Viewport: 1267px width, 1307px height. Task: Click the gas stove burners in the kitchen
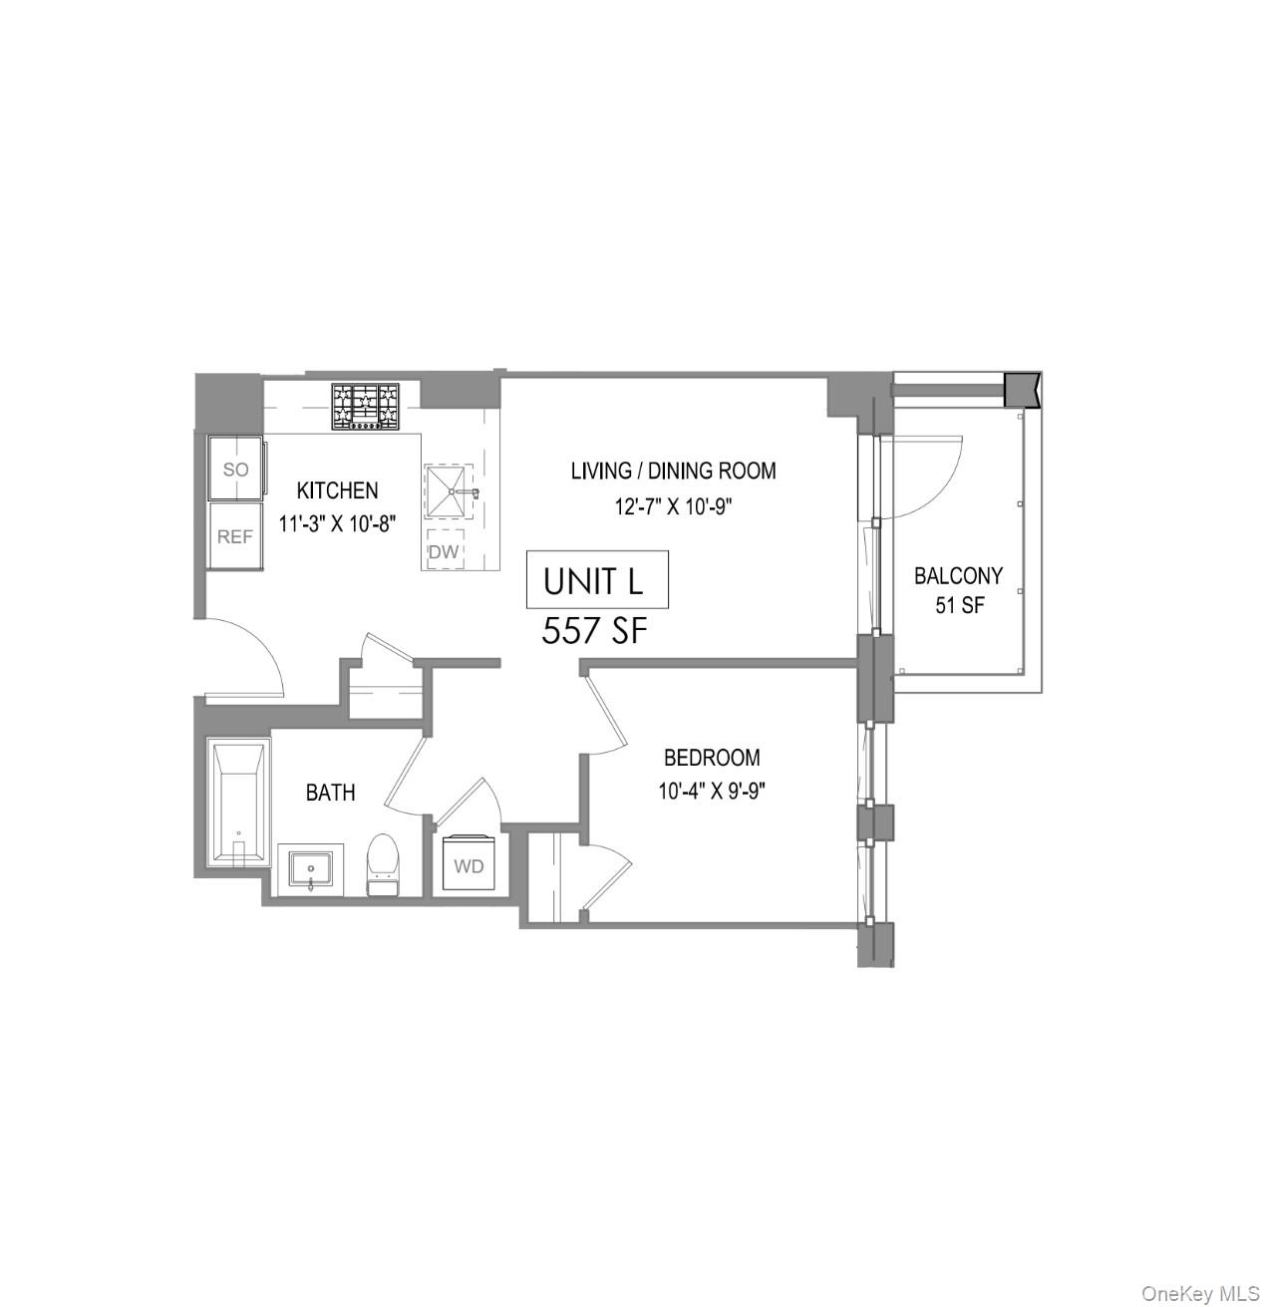tap(365, 407)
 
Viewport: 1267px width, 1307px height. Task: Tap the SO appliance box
tap(235, 469)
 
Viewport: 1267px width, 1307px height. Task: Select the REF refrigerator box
tap(235, 536)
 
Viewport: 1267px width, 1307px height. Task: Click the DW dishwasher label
tap(444, 551)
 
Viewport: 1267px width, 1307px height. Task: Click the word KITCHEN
tap(337, 490)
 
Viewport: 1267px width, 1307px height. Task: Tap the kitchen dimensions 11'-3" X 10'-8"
tap(338, 524)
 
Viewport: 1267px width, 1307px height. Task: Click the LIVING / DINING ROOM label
tap(673, 471)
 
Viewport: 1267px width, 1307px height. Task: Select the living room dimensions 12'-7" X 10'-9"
tap(673, 506)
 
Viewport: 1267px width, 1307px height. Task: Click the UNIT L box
tap(596, 580)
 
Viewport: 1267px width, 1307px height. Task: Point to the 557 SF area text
tap(595, 631)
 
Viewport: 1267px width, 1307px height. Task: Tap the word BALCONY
tap(958, 576)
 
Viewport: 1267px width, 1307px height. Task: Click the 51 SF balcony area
tap(959, 604)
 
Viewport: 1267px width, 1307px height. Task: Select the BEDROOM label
tap(712, 758)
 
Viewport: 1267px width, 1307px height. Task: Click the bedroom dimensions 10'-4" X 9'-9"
tap(712, 792)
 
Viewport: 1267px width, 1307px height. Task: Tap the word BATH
tap(330, 793)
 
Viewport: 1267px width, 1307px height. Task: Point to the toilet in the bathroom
tap(383, 863)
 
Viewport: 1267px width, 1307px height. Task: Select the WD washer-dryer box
tap(469, 864)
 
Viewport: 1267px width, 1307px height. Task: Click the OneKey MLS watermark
tap(1200, 1295)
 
